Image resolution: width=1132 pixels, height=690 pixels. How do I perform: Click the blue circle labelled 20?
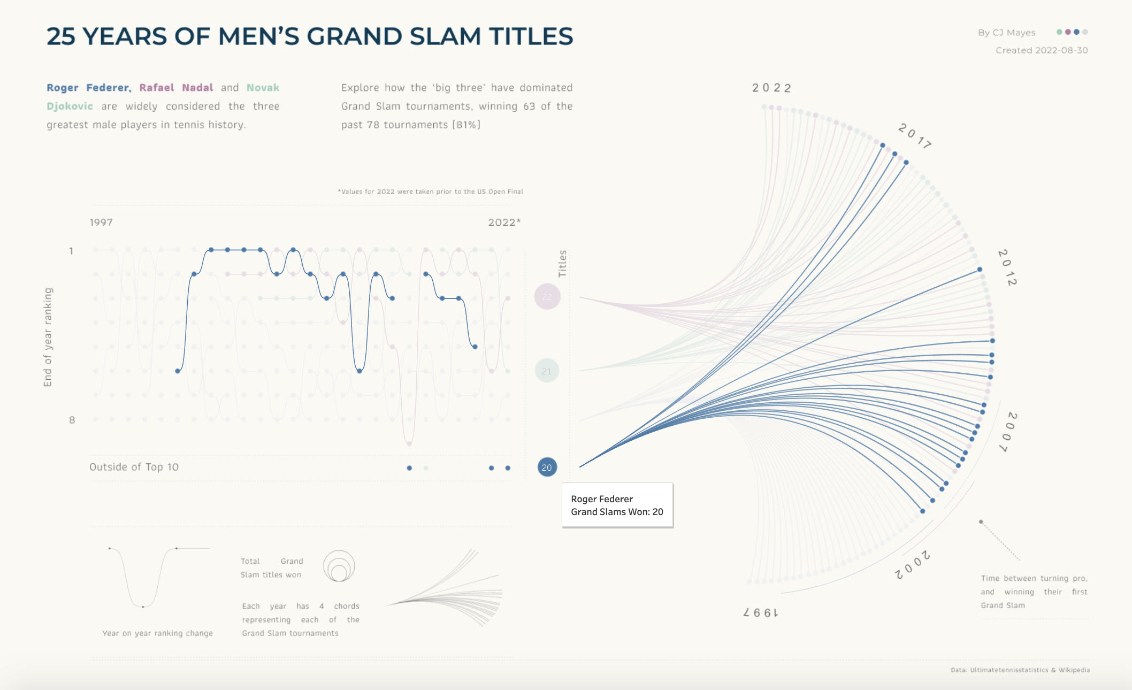[547, 467]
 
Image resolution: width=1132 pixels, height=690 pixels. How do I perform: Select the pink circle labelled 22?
[547, 297]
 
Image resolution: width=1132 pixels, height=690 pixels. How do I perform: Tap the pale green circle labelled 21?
[547, 371]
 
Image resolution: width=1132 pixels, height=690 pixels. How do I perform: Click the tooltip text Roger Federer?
[602, 499]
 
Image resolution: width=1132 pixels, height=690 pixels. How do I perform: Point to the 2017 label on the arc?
[914, 136]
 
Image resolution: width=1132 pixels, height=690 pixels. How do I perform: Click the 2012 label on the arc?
[1007, 267]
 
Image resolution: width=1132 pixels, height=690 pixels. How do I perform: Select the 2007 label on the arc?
[1009, 432]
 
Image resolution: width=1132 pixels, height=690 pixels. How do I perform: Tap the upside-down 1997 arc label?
[760, 612]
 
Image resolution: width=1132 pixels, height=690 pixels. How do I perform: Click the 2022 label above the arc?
[771, 88]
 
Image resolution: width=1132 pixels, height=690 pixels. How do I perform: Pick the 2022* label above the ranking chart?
[504, 223]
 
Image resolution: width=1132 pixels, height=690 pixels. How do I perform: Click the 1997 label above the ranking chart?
[101, 223]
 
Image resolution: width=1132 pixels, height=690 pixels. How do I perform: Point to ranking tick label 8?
[72, 420]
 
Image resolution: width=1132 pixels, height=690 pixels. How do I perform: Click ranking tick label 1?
[71, 251]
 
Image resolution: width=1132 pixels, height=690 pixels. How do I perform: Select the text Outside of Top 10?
[134, 467]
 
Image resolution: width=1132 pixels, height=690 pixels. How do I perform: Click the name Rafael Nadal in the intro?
[176, 88]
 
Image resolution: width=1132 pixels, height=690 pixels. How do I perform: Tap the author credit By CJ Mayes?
[1006, 33]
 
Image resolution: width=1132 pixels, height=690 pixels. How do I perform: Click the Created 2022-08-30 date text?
[1041, 50]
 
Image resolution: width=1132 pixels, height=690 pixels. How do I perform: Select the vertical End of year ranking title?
[48, 337]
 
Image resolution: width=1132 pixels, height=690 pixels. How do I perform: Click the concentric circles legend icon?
[339, 566]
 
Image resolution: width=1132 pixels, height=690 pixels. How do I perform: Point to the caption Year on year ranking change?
[157, 633]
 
